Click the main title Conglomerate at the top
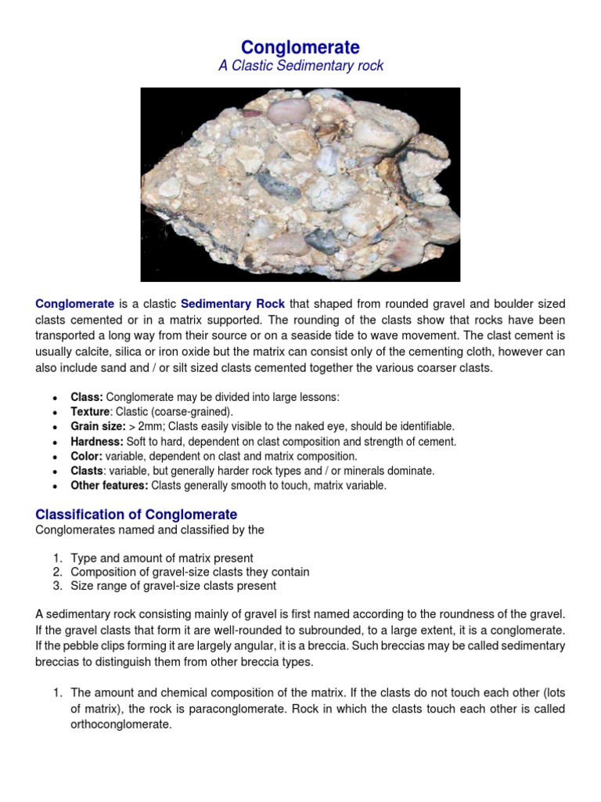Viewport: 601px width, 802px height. [x=300, y=48]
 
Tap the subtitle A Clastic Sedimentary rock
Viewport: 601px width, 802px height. [x=300, y=66]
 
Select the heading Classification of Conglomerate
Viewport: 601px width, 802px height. [x=136, y=515]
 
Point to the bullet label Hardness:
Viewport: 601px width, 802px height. [x=97, y=442]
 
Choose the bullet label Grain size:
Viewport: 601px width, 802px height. [x=98, y=427]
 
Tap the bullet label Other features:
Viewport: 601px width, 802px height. [x=109, y=486]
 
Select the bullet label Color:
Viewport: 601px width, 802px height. [x=87, y=457]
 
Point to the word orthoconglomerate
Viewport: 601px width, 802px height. [x=121, y=725]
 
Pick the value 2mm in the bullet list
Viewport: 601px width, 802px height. [x=171, y=427]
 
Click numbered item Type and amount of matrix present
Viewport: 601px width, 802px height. [x=162, y=558]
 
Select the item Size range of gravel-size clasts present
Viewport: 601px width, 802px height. [x=173, y=586]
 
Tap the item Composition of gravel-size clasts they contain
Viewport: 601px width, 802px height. [x=189, y=573]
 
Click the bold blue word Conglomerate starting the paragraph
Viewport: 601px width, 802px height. [x=75, y=304]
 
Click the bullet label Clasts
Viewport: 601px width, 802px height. [x=87, y=471]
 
